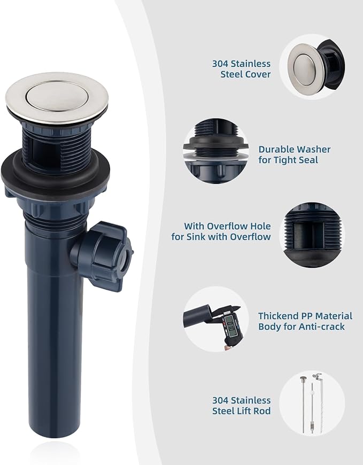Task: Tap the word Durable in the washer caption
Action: [276, 149]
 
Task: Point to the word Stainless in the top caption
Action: [251, 64]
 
